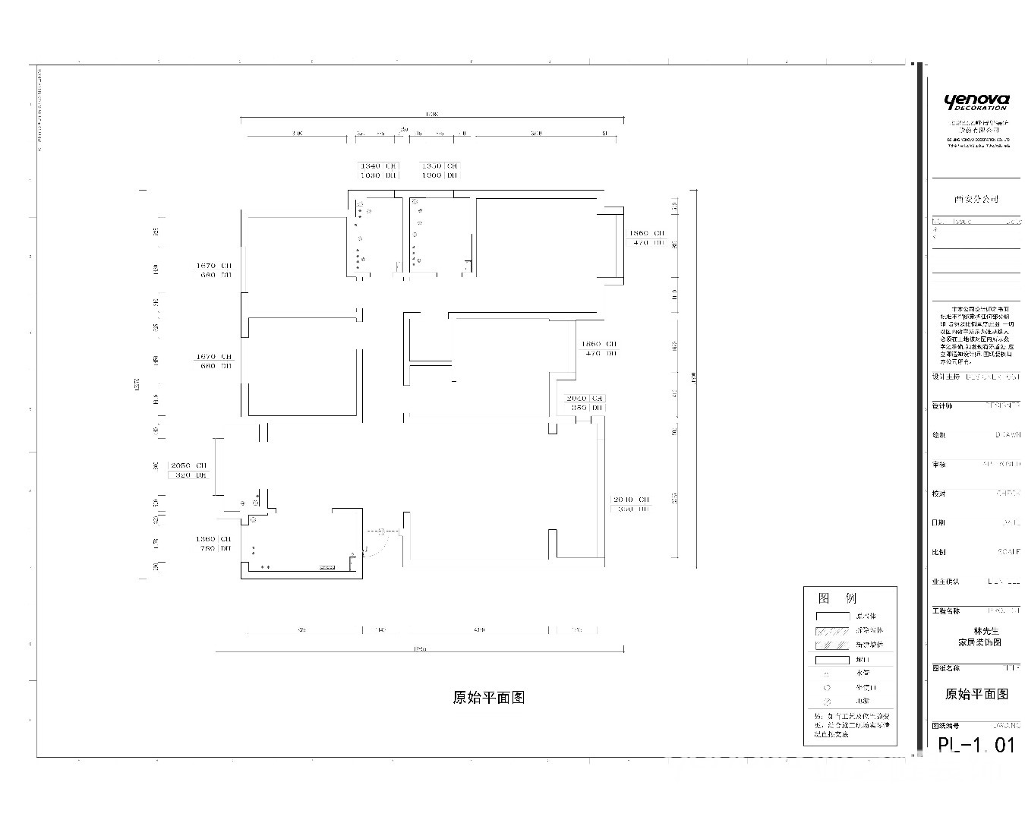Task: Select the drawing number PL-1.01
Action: point(976,745)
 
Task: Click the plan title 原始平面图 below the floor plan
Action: point(489,698)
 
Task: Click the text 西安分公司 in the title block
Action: point(976,199)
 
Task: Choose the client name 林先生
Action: point(986,631)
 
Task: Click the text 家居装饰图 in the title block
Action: point(980,642)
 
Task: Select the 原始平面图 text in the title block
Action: point(976,694)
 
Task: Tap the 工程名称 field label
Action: point(946,610)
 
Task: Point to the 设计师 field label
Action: point(942,406)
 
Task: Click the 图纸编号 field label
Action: point(946,726)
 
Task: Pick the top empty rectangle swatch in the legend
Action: point(832,617)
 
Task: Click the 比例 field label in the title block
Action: point(939,552)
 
